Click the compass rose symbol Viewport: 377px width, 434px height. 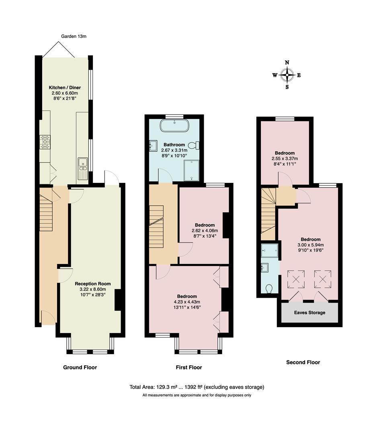[287, 75]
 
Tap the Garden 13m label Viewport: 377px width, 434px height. [74, 36]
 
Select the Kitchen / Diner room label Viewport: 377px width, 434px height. [64, 87]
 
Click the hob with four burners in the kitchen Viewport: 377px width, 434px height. [45, 142]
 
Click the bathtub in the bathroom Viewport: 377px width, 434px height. [174, 125]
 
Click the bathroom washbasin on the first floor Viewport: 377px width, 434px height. [153, 145]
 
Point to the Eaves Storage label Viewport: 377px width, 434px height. [309, 312]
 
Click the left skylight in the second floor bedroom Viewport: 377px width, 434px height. [296, 278]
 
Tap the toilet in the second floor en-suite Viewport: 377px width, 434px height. [269, 288]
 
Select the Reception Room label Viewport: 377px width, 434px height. [93, 284]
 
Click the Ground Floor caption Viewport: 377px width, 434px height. [80, 367]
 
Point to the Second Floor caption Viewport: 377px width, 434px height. [303, 362]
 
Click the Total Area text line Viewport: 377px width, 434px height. [197, 387]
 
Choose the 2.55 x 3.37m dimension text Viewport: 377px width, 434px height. [285, 158]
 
